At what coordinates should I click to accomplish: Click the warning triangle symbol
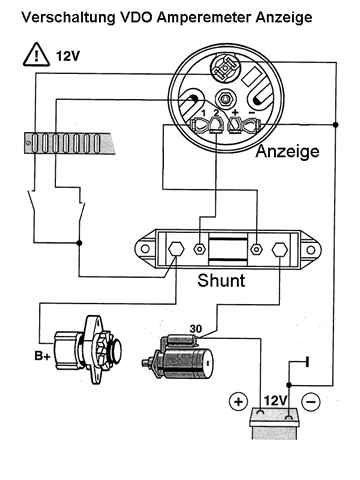(36, 54)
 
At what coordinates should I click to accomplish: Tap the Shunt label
(221, 281)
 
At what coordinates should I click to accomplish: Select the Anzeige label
(287, 152)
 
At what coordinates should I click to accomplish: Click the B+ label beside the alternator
(42, 356)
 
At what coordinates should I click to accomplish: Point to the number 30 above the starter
(196, 329)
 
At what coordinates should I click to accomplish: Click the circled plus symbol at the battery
(238, 401)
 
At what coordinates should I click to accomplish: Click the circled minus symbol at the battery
(310, 401)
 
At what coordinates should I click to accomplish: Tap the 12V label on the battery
(275, 401)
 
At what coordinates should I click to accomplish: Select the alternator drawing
(88, 350)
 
